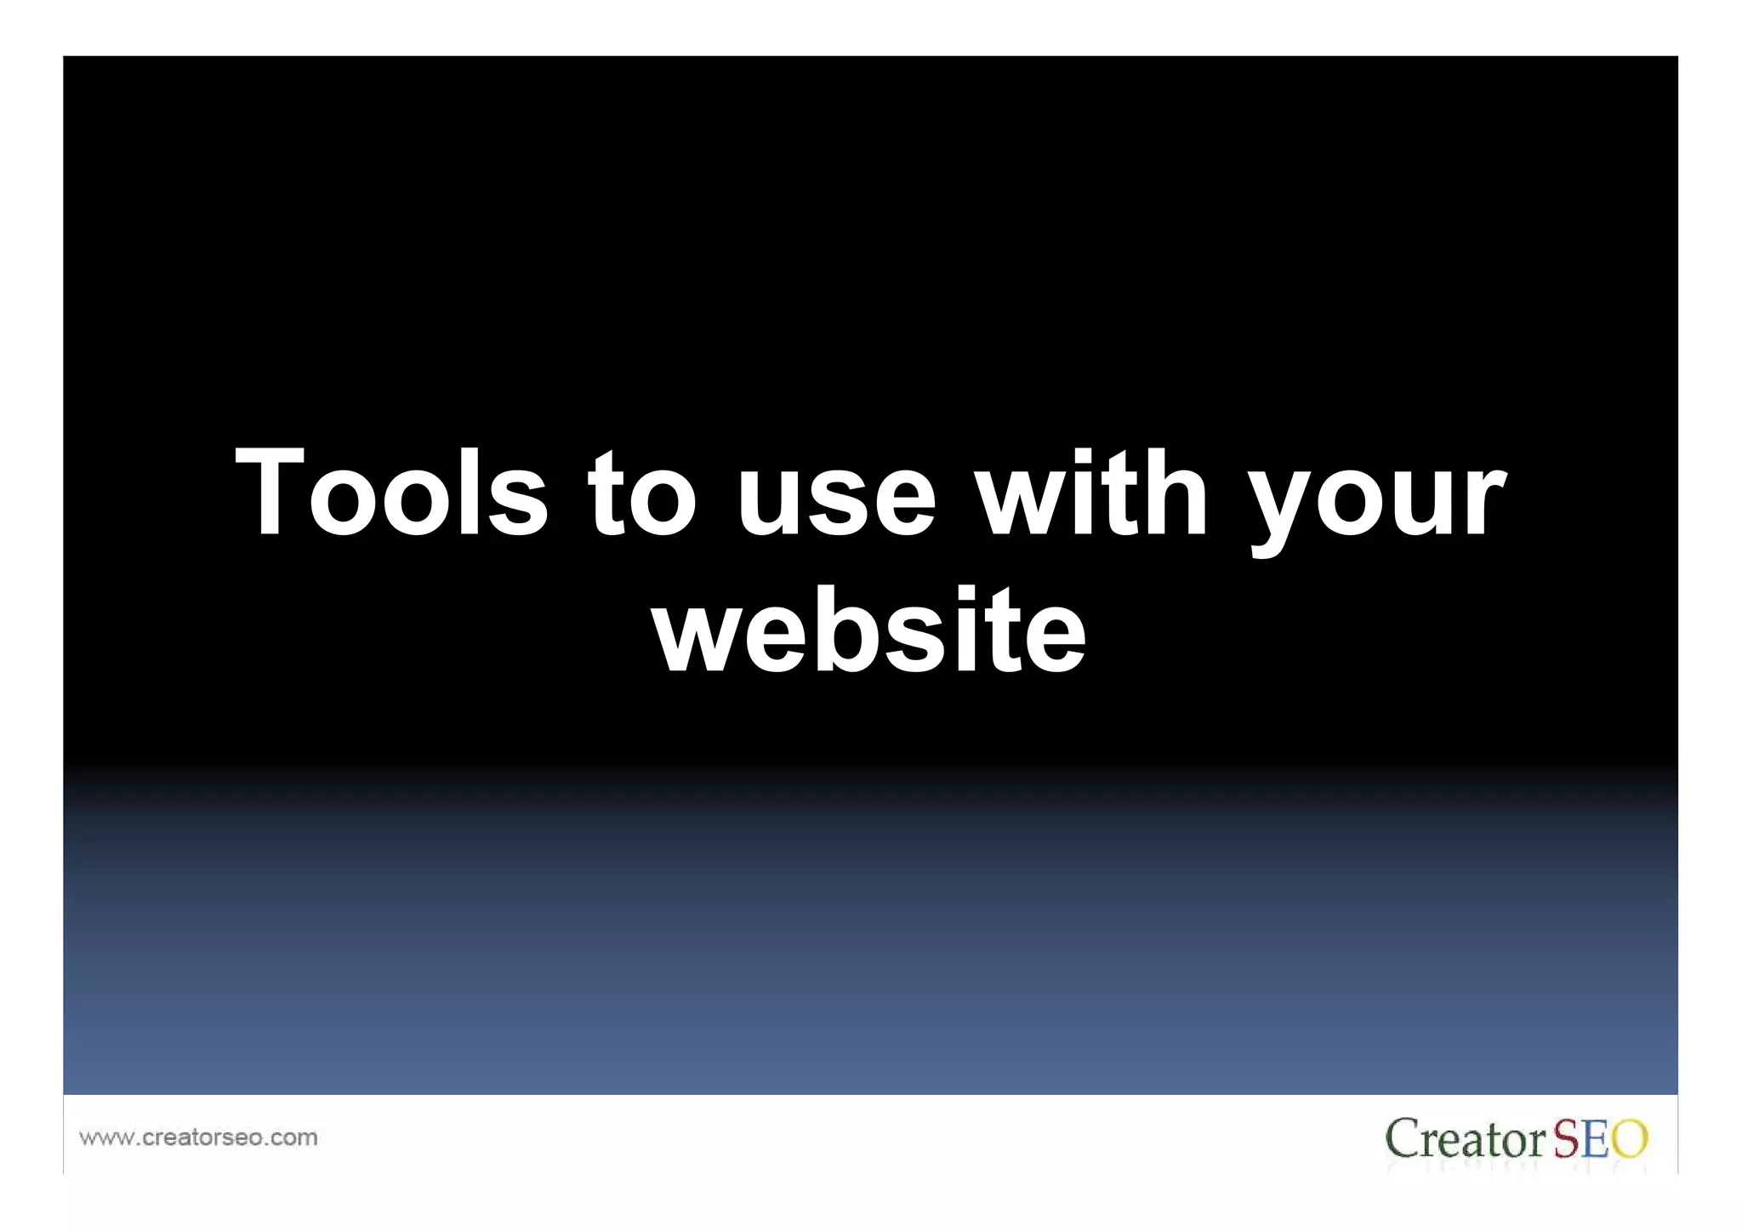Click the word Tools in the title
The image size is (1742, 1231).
(x=391, y=493)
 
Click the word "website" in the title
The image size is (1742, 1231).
(x=869, y=631)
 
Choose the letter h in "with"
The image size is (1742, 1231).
(x=1178, y=493)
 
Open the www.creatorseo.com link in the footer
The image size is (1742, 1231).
(x=198, y=1137)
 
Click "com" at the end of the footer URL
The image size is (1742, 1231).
(x=293, y=1138)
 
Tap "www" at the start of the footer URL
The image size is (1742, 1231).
(x=102, y=1138)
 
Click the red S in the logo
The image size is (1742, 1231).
(x=1568, y=1139)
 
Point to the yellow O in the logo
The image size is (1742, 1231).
(x=1630, y=1139)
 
